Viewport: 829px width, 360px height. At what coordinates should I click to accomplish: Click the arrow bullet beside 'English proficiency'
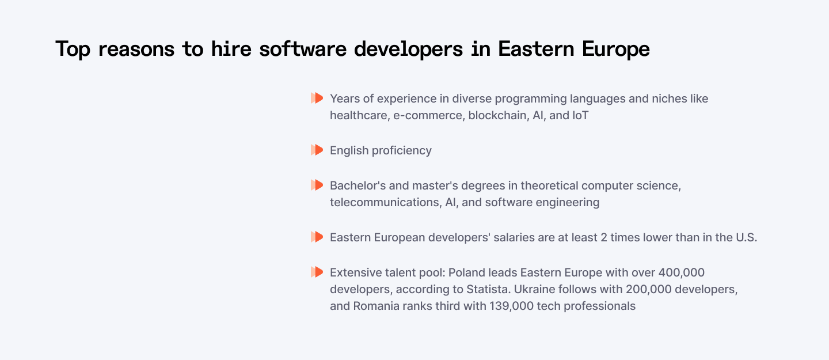317,150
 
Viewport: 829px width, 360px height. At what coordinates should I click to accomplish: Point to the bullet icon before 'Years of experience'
317,98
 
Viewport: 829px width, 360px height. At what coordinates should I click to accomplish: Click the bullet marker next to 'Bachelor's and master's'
317,185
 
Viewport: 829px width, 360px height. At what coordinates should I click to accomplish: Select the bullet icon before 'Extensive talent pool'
317,272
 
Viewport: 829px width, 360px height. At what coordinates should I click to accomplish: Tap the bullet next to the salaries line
317,237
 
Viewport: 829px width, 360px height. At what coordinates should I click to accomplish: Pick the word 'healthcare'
358,115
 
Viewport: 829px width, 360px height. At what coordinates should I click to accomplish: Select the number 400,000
681,272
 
